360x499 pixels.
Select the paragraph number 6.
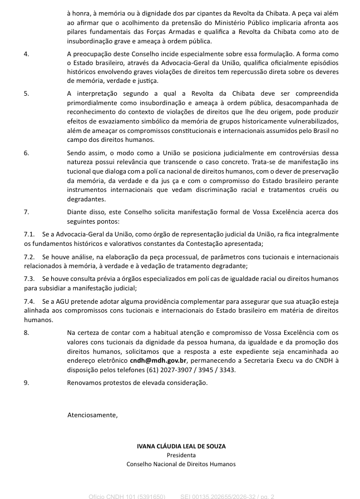26,152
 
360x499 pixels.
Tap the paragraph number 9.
26,383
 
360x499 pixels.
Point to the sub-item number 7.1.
29,235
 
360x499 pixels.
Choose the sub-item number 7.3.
29,278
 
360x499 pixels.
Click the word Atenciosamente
92,414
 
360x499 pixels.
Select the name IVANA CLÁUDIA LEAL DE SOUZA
181,446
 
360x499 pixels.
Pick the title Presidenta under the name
181,455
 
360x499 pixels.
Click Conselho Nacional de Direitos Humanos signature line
181,464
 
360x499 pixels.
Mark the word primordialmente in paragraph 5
95,102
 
